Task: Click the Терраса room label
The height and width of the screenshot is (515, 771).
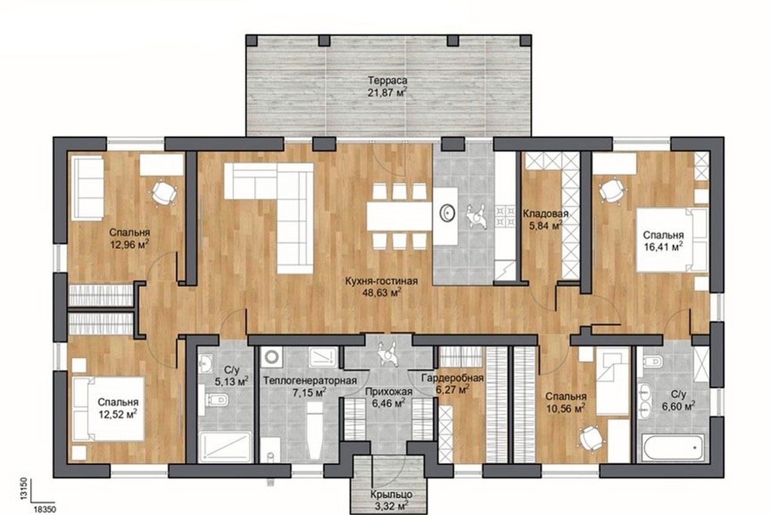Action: point(387,81)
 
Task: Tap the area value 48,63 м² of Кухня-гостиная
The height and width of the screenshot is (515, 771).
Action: point(382,293)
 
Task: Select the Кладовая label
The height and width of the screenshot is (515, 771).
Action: point(546,214)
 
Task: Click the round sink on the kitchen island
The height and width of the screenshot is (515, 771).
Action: point(448,213)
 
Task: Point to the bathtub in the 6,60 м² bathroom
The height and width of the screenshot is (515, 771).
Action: point(673,447)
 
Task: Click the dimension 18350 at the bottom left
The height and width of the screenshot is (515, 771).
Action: point(45,510)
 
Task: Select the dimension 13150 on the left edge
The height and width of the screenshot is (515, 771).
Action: point(23,488)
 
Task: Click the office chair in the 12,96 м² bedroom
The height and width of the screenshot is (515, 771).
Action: point(164,193)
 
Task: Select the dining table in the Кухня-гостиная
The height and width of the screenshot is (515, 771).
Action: point(399,216)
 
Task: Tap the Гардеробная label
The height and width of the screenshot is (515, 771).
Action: point(452,378)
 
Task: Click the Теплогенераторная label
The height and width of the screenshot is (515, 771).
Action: point(310,381)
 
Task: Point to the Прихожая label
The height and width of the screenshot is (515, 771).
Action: point(389,392)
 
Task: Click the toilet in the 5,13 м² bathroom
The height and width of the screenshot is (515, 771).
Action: point(217,399)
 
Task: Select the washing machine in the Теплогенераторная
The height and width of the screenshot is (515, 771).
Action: point(272,357)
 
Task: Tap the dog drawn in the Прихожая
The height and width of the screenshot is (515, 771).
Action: point(388,353)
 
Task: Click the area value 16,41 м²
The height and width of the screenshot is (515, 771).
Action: point(663,247)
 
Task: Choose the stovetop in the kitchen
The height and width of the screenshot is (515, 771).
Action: point(505,216)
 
